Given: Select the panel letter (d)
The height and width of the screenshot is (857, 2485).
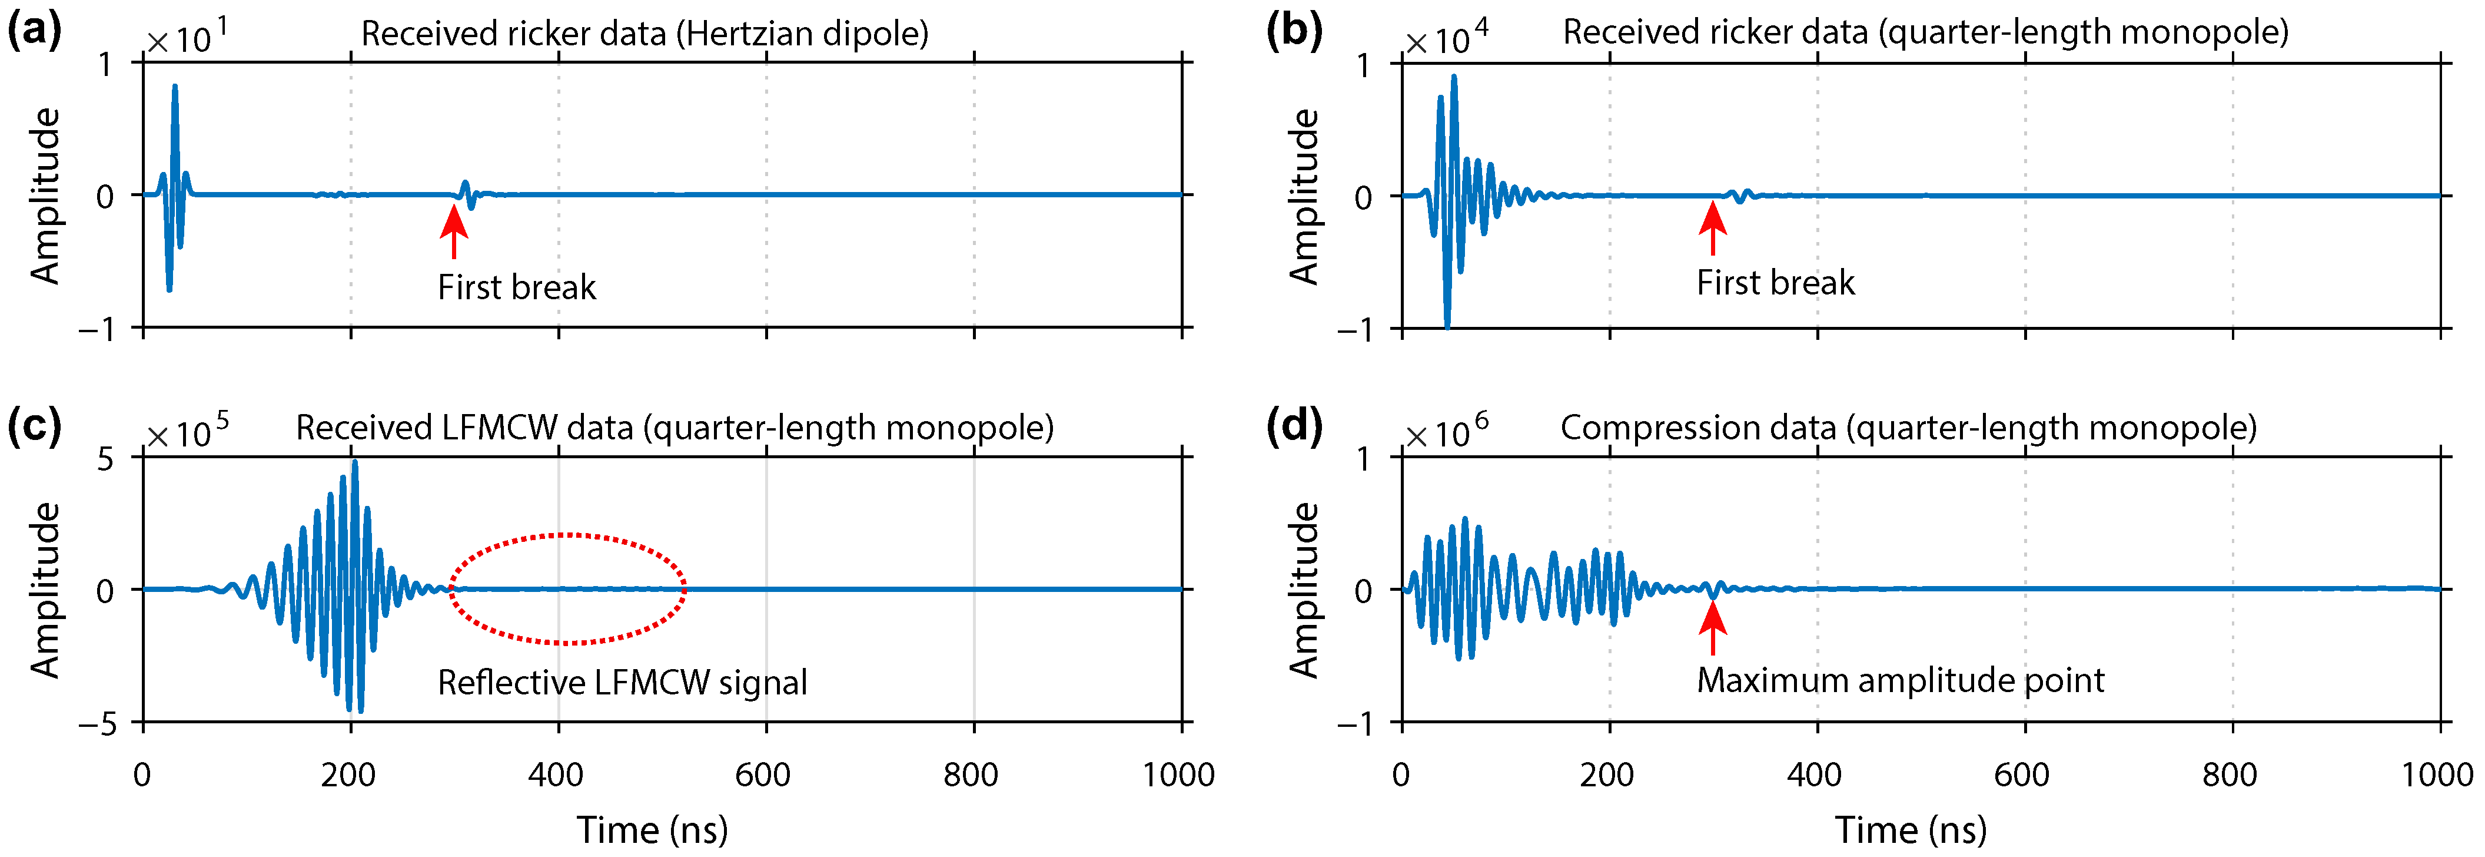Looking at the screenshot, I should click(1294, 426).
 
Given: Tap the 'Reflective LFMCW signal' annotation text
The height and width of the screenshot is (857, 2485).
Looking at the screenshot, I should click(622, 682).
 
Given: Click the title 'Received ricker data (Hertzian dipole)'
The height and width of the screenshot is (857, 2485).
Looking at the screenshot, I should click(644, 34).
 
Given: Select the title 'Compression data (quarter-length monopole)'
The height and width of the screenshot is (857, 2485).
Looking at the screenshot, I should click(1908, 428).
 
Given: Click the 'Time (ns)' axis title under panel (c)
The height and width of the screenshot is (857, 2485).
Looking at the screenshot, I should click(652, 830).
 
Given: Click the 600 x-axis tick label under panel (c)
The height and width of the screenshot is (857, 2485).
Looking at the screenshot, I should click(763, 775).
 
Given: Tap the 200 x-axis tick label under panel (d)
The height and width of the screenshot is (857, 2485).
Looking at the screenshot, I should click(1607, 775).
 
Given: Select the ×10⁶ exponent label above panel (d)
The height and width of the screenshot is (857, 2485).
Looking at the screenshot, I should click(1445, 431).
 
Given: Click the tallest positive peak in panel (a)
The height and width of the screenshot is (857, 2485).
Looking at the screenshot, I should click(175, 87).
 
